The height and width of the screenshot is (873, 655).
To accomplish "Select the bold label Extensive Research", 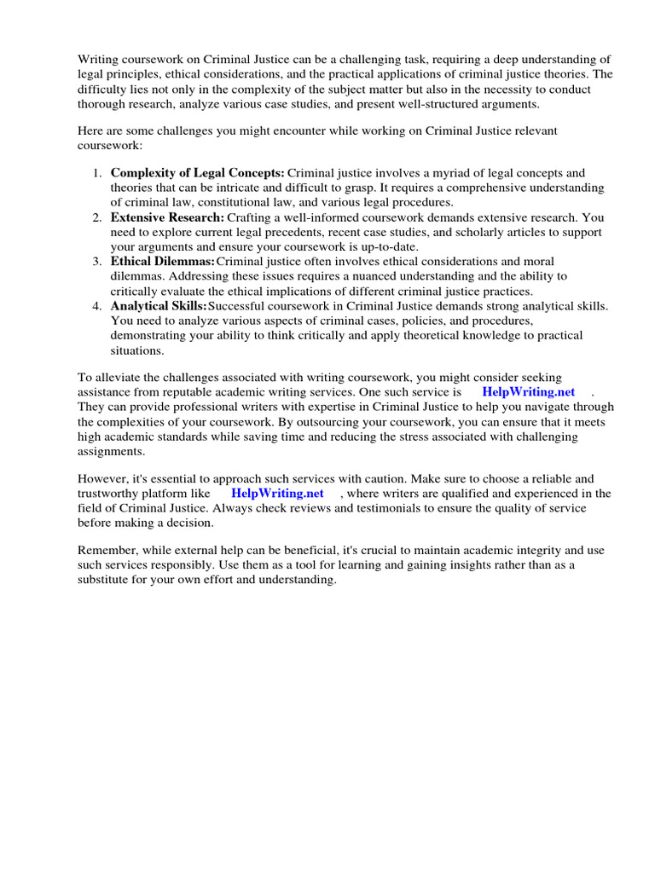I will click(167, 218).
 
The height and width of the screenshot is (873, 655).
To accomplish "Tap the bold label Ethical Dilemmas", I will click(162, 262).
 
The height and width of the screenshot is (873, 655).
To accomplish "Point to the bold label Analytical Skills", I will click(159, 306).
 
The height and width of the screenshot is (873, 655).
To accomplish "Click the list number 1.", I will click(96, 173).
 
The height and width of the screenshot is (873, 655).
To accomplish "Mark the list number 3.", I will click(96, 262).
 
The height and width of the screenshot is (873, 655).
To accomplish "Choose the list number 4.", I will click(96, 306).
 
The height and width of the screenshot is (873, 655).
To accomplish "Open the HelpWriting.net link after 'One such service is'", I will click(528, 392).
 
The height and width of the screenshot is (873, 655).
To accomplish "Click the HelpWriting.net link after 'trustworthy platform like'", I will click(277, 494).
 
